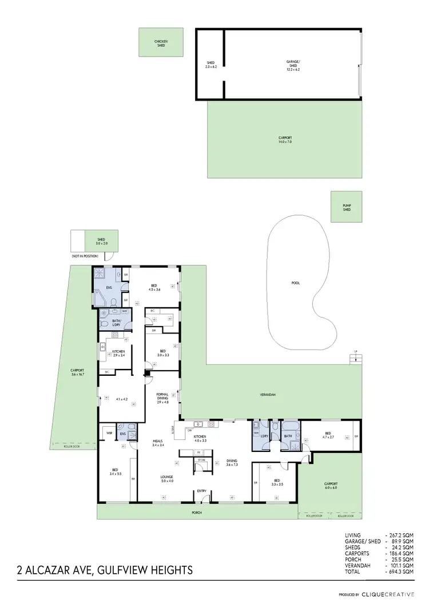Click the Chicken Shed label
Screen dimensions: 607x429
(161, 43)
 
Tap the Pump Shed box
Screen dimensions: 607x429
(347, 208)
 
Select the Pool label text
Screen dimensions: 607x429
(295, 283)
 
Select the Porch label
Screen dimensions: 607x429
(197, 513)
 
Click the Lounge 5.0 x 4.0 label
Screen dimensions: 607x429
(167, 478)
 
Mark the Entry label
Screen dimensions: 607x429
(202, 491)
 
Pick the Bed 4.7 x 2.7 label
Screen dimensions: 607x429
(327, 435)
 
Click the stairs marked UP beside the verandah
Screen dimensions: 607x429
(357, 359)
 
